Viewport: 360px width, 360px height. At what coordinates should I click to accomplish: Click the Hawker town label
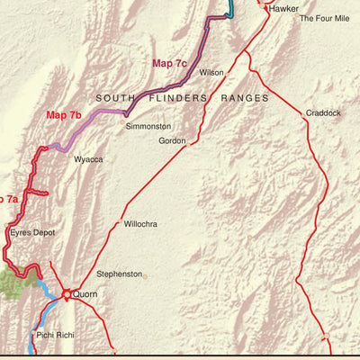[283, 8]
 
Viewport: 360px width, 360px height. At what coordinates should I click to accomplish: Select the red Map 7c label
[169, 63]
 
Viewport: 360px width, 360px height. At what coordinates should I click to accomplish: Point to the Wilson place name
[211, 72]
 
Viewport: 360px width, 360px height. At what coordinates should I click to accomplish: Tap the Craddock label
[323, 113]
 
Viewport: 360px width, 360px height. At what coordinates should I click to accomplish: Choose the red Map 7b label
[64, 115]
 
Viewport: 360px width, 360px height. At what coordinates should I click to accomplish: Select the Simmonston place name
[148, 127]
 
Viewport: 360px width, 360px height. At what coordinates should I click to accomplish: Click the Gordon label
[172, 141]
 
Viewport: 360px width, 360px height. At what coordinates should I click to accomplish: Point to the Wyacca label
[88, 159]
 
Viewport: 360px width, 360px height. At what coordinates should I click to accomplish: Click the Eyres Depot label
[32, 232]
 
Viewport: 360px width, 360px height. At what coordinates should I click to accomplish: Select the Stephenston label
[120, 273]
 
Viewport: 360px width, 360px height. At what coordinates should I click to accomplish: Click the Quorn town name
[86, 294]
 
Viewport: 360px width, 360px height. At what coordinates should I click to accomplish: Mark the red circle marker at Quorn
[67, 293]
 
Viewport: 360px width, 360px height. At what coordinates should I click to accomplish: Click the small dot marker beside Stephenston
[145, 276]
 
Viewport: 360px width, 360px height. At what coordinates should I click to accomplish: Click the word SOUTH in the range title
[116, 97]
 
